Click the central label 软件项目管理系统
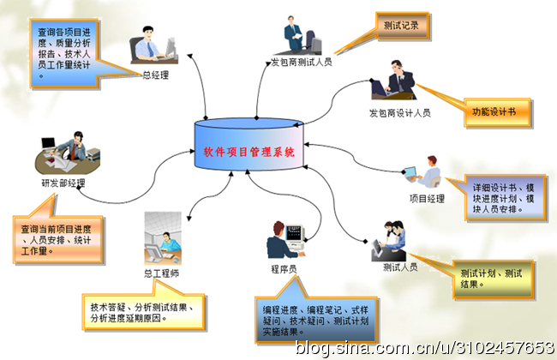(249, 152)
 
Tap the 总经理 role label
(155, 75)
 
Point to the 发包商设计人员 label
(399, 112)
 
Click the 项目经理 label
(428, 198)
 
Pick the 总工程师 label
(162, 274)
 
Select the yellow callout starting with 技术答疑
(146, 311)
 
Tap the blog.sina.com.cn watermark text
(425, 347)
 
